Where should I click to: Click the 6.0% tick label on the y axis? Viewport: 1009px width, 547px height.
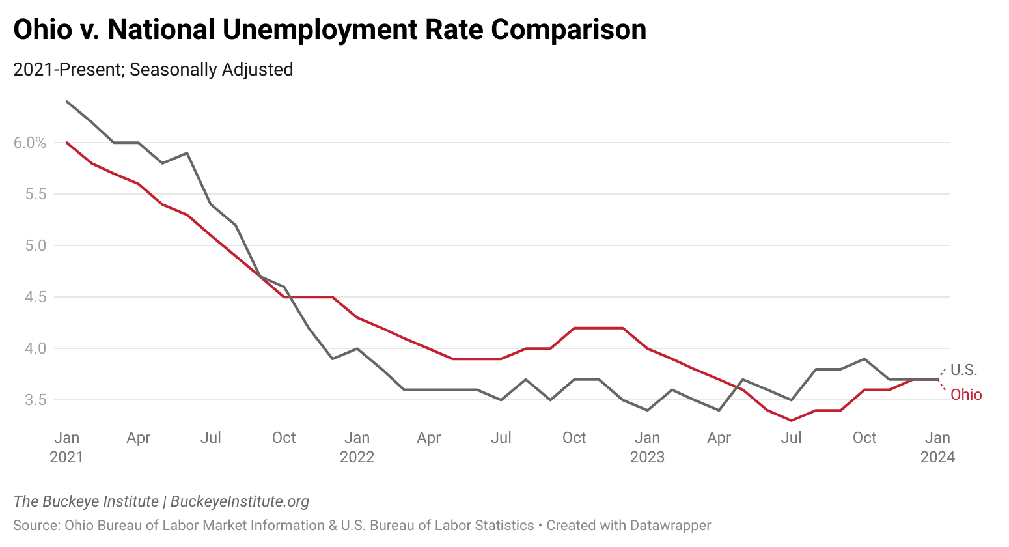30,143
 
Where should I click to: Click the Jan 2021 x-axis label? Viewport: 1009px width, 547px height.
66,447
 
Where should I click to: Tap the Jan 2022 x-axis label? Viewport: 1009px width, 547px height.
357,447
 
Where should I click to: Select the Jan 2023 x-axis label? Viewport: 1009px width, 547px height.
647,447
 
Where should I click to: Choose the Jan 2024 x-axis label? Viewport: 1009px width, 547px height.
937,447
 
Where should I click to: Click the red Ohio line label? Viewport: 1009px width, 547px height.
966,395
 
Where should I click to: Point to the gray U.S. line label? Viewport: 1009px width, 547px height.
964,370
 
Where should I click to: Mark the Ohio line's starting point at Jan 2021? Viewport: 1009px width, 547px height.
67,143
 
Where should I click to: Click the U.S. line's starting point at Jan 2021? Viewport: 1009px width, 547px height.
67,102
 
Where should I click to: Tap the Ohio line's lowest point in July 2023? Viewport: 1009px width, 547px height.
792,421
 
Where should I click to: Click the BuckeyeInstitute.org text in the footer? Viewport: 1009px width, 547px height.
240,501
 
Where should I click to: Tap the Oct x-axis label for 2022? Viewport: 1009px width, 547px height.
574,438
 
